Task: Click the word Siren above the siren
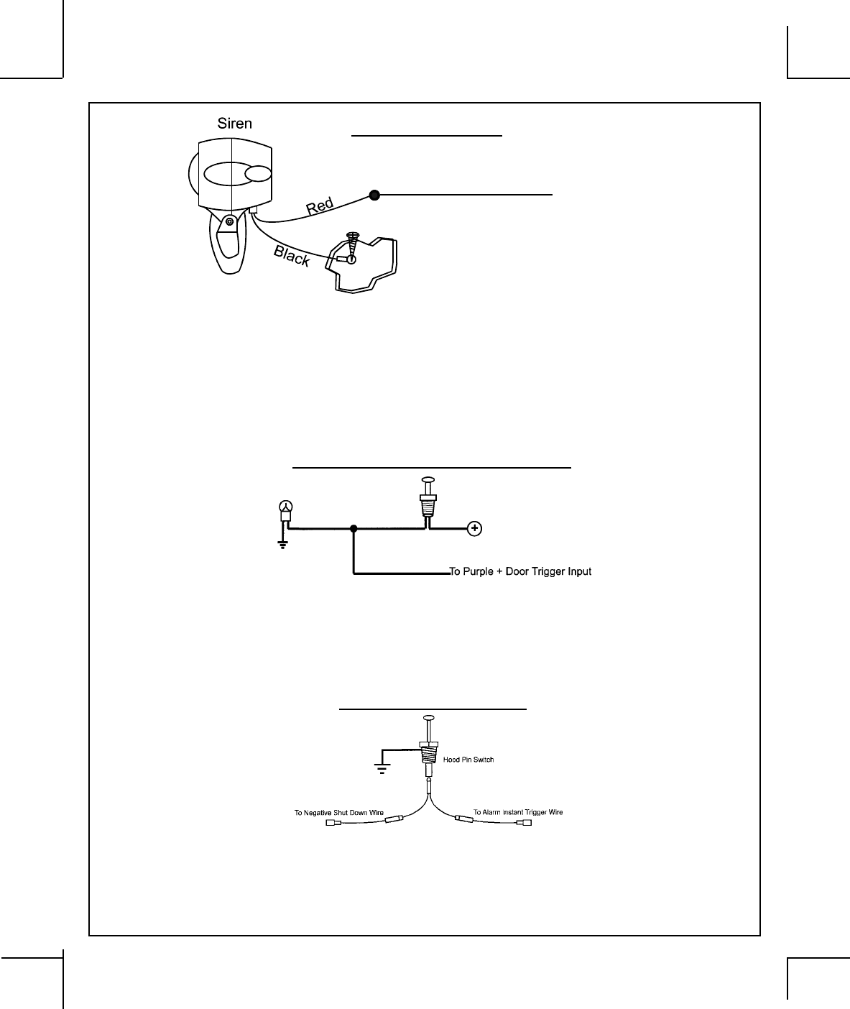point(235,123)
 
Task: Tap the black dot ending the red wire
point(374,194)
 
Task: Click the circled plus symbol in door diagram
point(475,529)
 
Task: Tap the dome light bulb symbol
point(285,510)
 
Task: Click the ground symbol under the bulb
point(283,544)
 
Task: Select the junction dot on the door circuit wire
point(354,529)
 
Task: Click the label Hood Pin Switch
point(468,760)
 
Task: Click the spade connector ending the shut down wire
point(333,825)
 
